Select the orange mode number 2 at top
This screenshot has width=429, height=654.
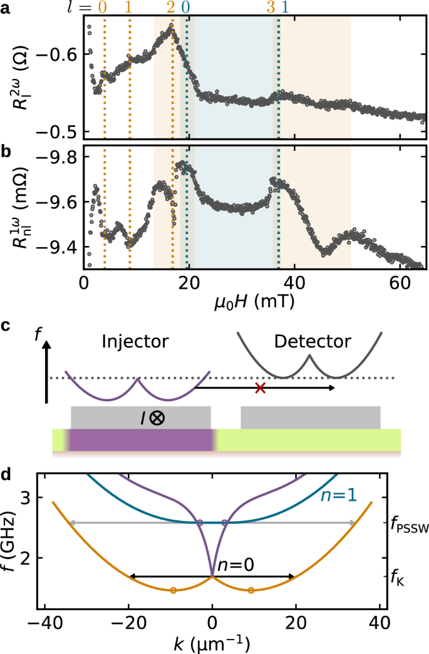(x=171, y=8)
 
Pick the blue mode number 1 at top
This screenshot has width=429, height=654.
(x=286, y=8)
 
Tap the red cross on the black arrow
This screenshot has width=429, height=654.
(x=261, y=389)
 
